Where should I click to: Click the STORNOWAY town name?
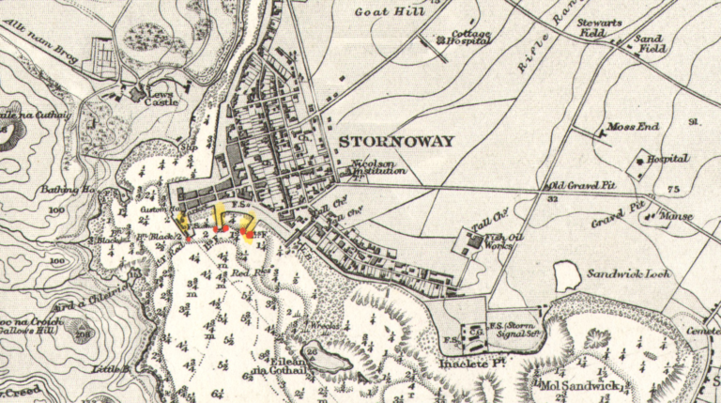[x=395, y=143]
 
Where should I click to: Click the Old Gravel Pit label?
[x=584, y=185]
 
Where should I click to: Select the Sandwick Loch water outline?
[x=567, y=275]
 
